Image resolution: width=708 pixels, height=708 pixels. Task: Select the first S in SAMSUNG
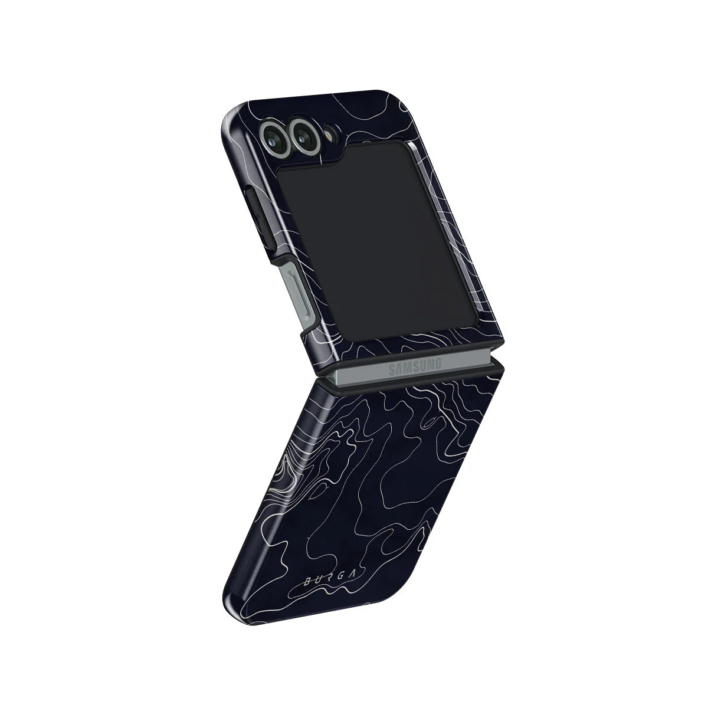point(392,371)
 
